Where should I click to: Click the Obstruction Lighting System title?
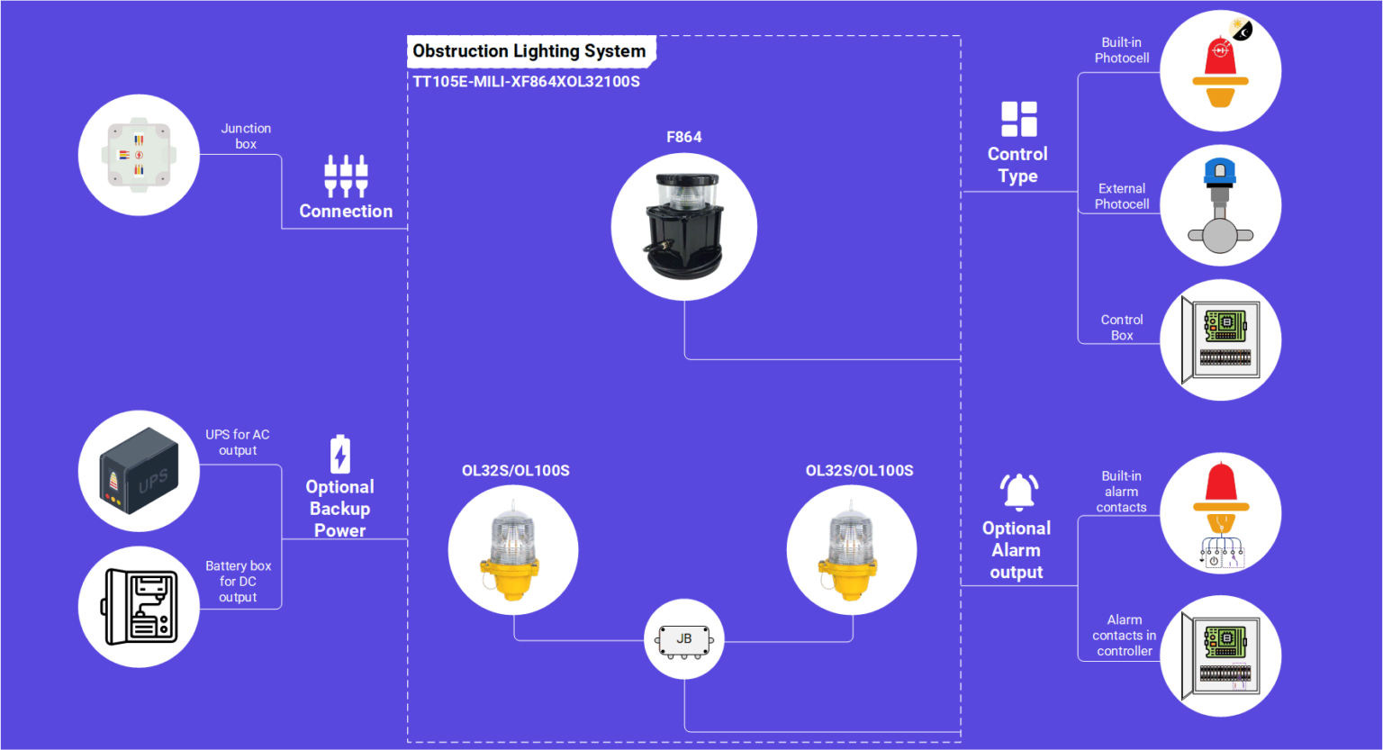click(529, 51)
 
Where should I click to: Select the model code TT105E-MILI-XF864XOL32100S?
click(526, 82)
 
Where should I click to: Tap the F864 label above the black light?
click(683, 137)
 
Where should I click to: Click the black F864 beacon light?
click(683, 227)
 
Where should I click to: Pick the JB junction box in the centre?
click(684, 640)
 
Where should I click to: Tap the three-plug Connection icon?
click(346, 175)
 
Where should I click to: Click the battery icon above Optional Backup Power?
click(340, 455)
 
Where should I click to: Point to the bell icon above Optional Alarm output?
click(1019, 492)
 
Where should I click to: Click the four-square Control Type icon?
click(1018, 119)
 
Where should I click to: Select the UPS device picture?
click(139, 471)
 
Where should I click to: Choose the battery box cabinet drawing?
click(139, 607)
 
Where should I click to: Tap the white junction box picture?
click(139, 155)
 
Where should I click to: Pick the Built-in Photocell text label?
click(1122, 50)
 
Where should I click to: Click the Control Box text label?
click(1122, 328)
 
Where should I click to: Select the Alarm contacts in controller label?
click(1125, 636)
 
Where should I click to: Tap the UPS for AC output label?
click(238, 442)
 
